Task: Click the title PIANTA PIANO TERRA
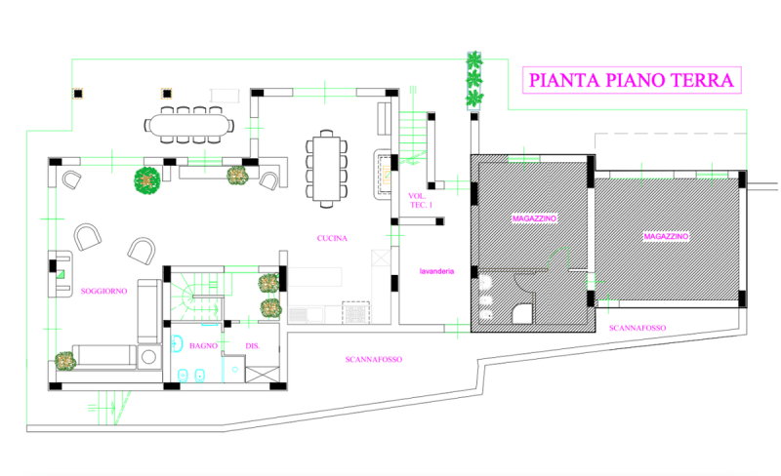(631, 80)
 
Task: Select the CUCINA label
(333, 238)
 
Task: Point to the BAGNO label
(203, 345)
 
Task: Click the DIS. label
(251, 345)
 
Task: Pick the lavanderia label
(435, 271)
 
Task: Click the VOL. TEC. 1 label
(419, 200)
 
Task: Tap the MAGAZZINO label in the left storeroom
(534, 219)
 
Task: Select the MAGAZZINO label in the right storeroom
(666, 237)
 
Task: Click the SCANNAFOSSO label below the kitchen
(374, 359)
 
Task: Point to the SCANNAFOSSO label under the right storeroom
(637, 328)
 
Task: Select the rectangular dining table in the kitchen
(326, 168)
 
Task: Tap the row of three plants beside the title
(475, 78)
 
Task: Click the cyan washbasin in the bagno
(178, 343)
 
